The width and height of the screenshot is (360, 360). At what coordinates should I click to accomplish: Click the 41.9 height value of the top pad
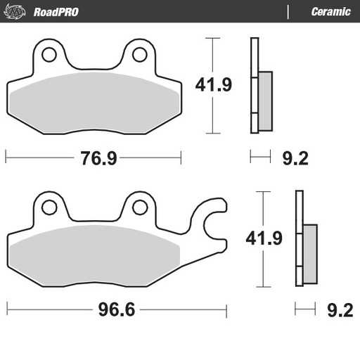(x=213, y=85)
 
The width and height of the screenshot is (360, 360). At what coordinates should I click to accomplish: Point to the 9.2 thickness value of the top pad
(x=295, y=158)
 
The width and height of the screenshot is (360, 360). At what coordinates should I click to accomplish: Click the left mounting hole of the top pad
(x=49, y=54)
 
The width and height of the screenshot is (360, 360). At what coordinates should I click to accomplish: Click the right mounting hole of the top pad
(x=139, y=54)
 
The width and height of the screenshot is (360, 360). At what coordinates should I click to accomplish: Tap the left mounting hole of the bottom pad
(x=49, y=207)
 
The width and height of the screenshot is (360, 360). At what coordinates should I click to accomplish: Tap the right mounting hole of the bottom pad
(x=139, y=207)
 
